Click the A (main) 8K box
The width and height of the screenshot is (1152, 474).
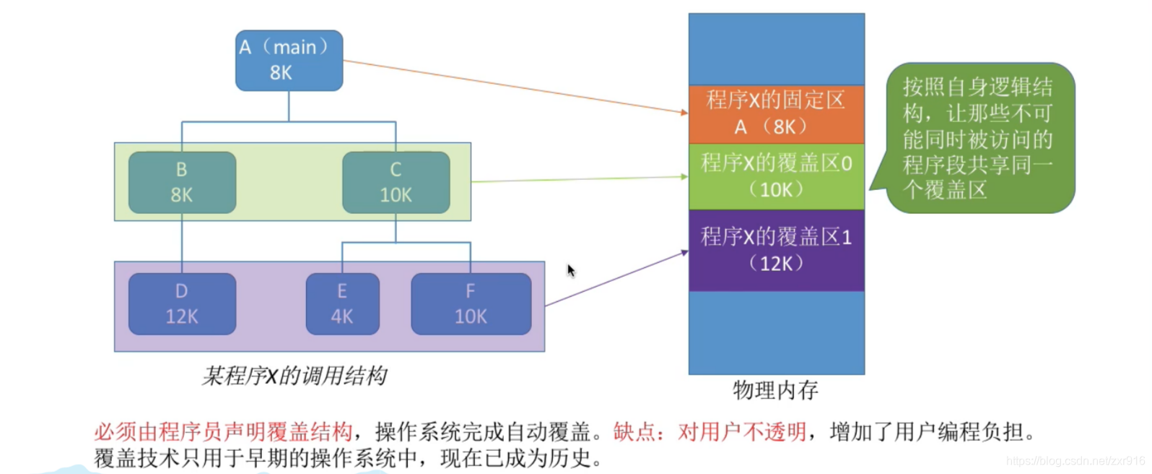(x=289, y=61)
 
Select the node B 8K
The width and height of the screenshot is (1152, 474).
(x=182, y=182)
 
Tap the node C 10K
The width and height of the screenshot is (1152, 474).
(x=396, y=182)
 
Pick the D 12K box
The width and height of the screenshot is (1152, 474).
(x=182, y=303)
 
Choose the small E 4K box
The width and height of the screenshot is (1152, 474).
(x=342, y=303)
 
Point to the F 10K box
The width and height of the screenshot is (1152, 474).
(x=471, y=303)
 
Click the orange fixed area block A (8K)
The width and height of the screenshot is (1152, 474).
(x=776, y=114)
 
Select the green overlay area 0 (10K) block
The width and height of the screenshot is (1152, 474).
(x=776, y=176)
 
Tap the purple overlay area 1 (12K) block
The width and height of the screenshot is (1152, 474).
(x=776, y=250)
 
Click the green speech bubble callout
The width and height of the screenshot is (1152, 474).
(x=979, y=138)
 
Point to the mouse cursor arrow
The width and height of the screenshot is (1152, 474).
(x=570, y=270)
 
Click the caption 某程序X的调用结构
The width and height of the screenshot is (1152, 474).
(x=294, y=376)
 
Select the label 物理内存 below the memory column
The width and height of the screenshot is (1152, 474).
(x=775, y=390)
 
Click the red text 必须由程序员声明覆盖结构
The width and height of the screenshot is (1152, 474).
(x=223, y=432)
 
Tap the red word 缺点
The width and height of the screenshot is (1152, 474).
(x=634, y=432)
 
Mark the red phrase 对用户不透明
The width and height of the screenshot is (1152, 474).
(x=742, y=432)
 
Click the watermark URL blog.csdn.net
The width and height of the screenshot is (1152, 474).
(x=1075, y=461)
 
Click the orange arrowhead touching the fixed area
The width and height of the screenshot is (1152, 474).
(x=684, y=113)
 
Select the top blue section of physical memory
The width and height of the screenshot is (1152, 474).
(x=776, y=49)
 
